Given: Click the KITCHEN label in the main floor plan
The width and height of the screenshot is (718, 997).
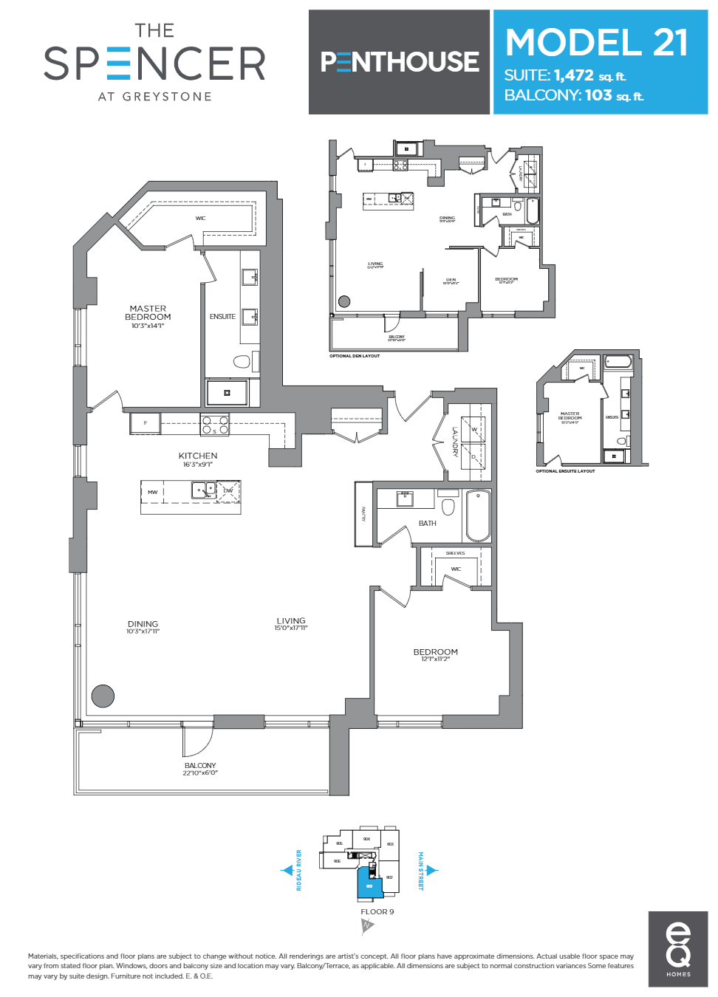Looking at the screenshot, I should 198,456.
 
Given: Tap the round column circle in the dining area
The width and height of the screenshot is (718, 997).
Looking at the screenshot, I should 103,696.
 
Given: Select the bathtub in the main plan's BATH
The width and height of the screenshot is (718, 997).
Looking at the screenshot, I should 478,516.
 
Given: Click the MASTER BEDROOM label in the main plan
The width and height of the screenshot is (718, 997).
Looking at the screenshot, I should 148,313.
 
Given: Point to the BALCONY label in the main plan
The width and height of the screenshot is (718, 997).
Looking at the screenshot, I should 200,766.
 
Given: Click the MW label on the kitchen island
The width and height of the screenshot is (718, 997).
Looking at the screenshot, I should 152,492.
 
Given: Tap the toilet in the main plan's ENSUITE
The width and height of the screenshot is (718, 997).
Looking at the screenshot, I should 242,361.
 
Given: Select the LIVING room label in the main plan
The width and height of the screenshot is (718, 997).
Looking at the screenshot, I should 291,621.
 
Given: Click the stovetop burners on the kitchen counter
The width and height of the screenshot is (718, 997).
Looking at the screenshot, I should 214,425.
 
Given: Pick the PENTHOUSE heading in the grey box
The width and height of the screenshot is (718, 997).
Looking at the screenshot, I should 400,62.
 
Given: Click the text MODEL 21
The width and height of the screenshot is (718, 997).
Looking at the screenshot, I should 597,43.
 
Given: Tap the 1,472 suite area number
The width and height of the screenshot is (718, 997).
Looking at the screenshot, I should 574,75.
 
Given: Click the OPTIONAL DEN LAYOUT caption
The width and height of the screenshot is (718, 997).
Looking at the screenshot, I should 355,356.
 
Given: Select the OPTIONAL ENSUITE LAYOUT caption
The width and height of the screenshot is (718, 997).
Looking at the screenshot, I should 565,471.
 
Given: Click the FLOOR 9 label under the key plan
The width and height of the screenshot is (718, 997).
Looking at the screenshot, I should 377,911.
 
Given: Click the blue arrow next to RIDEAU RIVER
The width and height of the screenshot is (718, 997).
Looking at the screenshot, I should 288,870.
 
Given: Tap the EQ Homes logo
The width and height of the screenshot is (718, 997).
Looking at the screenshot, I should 678,949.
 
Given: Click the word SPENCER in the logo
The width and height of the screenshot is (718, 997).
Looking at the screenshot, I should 155,64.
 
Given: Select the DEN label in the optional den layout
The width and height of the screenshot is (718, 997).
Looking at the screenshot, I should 451,280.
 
